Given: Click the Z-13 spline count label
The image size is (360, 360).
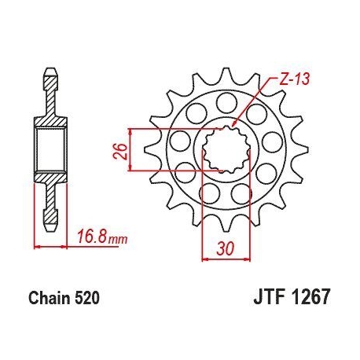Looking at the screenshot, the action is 294,79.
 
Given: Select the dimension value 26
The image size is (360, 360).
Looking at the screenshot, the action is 120,151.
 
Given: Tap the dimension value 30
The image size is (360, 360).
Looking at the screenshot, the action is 225,248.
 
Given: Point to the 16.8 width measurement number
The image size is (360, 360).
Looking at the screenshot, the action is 91,237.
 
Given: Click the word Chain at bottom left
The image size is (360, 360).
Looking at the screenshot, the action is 50,298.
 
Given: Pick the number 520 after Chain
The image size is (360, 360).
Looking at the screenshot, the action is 87,298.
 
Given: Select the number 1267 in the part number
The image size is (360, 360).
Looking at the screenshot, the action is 310,297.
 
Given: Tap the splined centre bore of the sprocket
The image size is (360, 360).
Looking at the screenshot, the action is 226,149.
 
